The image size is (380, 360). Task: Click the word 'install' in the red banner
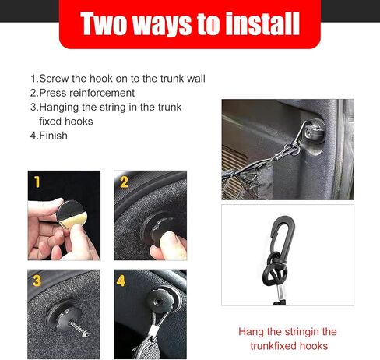click(262, 23)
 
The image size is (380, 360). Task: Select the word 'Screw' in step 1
click(54, 79)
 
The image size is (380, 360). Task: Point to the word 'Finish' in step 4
click(53, 136)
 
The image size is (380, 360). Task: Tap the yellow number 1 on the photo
click(37, 182)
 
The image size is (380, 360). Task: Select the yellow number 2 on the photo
click(124, 182)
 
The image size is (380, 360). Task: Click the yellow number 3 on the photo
click(37, 281)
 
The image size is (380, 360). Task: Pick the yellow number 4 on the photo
click(121, 281)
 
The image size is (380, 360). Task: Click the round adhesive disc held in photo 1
click(72, 214)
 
